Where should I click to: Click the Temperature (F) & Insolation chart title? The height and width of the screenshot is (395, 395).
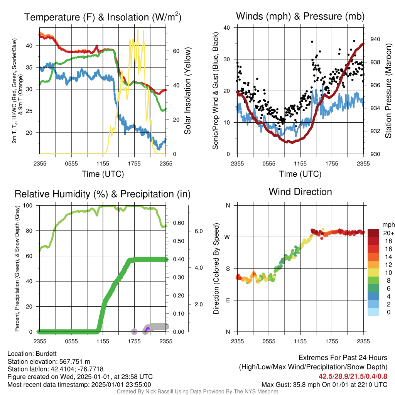click(x=103, y=17)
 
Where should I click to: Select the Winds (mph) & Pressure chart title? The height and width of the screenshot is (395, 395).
click(x=300, y=16)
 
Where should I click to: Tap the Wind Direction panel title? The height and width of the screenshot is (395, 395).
click(x=300, y=192)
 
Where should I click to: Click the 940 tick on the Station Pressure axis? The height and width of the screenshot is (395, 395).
click(x=375, y=39)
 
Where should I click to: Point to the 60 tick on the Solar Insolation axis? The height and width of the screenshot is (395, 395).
click(x=176, y=51)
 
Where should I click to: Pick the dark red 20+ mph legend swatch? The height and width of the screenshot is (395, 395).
click(x=373, y=233)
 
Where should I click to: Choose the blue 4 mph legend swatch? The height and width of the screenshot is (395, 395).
click(x=373, y=296)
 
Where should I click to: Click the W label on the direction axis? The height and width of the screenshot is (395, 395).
click(x=227, y=237)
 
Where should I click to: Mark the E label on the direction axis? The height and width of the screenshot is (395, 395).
click(x=228, y=300)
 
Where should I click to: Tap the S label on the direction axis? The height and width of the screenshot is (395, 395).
click(x=228, y=268)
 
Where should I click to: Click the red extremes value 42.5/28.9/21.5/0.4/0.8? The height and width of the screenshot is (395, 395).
click(x=353, y=376)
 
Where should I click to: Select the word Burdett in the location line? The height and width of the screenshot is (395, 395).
click(x=46, y=354)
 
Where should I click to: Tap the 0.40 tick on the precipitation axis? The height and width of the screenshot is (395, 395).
click(x=179, y=259)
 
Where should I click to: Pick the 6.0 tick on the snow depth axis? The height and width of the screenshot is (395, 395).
click(x=199, y=231)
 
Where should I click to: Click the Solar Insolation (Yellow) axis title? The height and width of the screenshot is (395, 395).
click(x=188, y=91)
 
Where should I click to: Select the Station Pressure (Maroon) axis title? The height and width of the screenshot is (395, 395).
click(x=388, y=91)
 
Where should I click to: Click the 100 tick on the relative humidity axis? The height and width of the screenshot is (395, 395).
click(x=28, y=205)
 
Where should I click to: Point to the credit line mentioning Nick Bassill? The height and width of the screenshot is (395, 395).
click(x=197, y=392)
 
